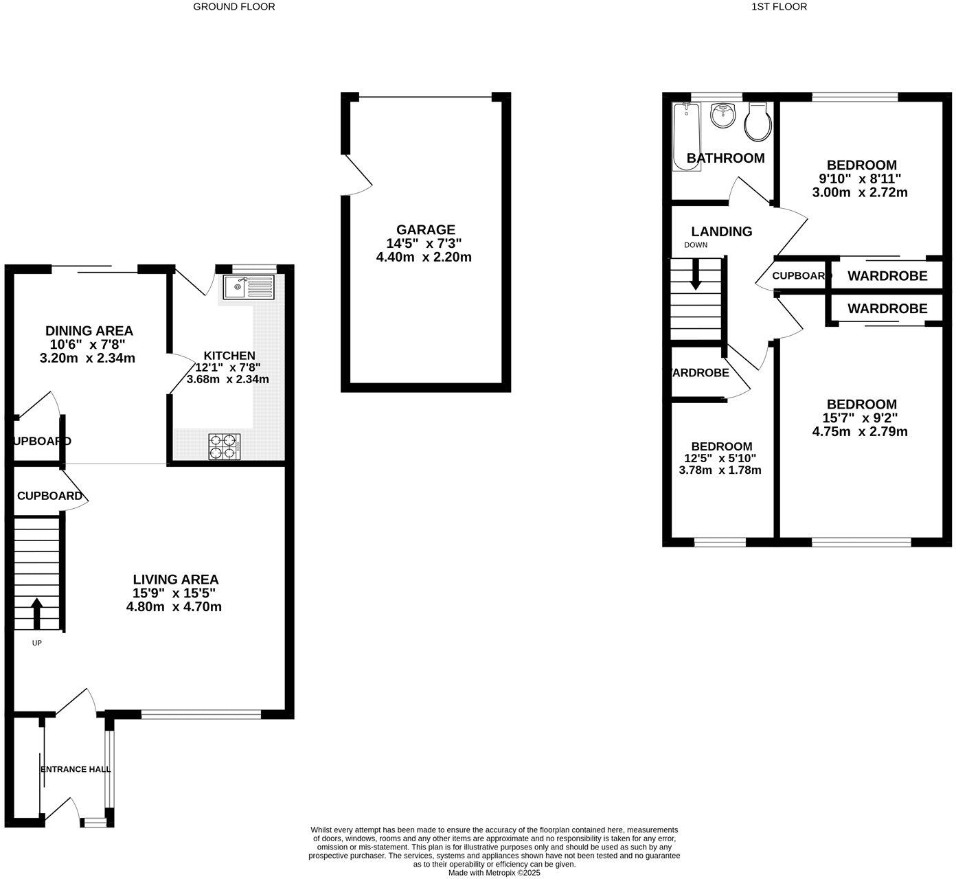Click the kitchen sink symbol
(x=248, y=286)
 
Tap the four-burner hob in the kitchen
(x=225, y=446)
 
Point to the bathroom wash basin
(x=722, y=115)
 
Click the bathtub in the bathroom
(x=686, y=134)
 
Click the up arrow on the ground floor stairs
(x=36, y=613)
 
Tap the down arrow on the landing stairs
(x=696, y=275)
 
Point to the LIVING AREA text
(x=176, y=580)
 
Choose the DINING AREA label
(x=89, y=331)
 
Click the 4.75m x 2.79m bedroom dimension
(x=860, y=432)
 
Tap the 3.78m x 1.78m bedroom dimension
(x=720, y=470)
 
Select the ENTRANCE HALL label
(x=76, y=769)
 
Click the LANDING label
(x=721, y=231)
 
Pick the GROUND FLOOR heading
(x=234, y=7)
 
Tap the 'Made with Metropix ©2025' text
(x=494, y=873)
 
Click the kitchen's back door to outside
(x=192, y=282)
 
